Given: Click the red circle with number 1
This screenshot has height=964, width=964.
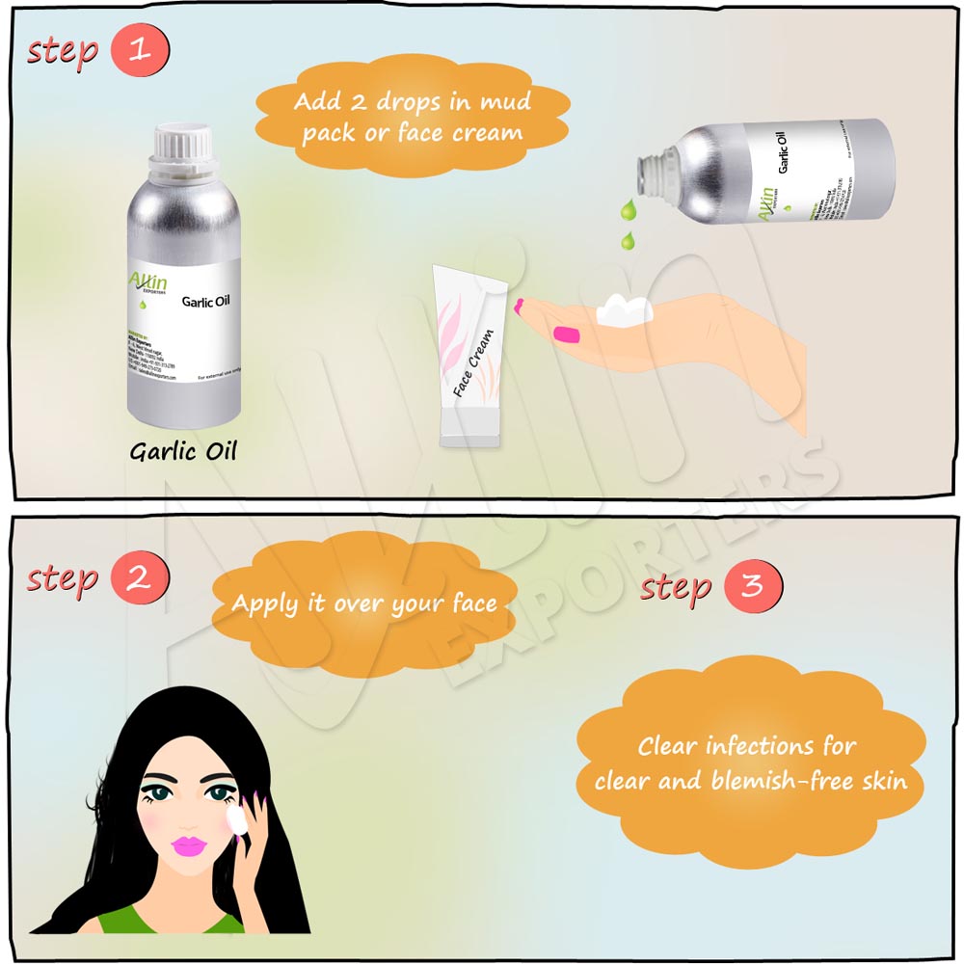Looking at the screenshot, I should point(140,50).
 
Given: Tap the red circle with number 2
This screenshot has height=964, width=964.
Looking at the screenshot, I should point(140,578).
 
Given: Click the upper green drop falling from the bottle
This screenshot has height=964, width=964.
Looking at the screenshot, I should point(629,208).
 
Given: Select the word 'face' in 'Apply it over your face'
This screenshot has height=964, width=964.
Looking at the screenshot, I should point(474,604).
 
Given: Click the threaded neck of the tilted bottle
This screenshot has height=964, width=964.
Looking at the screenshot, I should point(648,173).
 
